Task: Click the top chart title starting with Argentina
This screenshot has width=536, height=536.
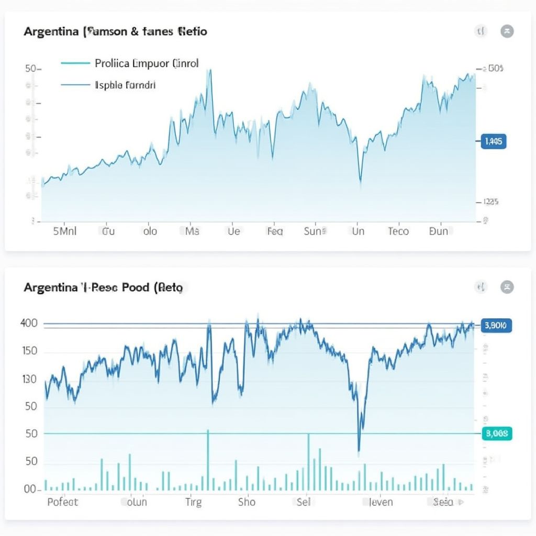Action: click(x=115, y=31)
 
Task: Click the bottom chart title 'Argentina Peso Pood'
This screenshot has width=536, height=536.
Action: click(x=103, y=287)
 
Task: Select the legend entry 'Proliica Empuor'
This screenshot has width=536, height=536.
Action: click(x=147, y=63)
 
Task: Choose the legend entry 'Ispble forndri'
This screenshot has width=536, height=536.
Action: click(x=125, y=84)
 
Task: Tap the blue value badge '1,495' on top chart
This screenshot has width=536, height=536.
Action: click(x=493, y=141)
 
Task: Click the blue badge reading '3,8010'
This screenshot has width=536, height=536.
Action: click(x=496, y=326)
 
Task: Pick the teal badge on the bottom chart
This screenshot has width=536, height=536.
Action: click(x=496, y=433)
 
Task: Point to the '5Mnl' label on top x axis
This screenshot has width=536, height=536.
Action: click(x=65, y=231)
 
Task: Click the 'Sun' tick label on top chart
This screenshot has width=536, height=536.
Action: click(x=315, y=231)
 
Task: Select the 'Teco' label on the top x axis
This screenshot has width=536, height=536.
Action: click(x=398, y=231)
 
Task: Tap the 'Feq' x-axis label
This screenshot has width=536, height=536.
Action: click(x=274, y=231)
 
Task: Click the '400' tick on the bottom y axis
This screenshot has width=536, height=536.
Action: click(x=29, y=323)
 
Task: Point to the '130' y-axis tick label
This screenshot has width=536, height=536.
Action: click(x=29, y=379)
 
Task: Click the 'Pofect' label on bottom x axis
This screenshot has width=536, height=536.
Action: click(x=62, y=502)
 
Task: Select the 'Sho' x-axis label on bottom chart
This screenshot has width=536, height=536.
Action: click(x=247, y=502)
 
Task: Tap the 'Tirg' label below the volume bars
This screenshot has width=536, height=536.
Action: click(x=193, y=502)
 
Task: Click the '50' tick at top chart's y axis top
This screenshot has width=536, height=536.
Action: click(x=30, y=69)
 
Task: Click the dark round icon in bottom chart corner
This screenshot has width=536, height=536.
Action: click(x=507, y=287)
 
